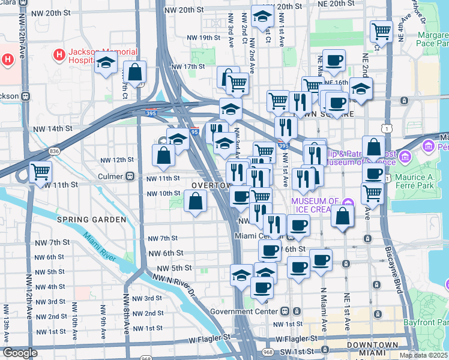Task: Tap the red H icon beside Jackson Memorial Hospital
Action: point(59,55)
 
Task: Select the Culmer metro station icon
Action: point(128,176)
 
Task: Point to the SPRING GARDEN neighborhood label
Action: point(92,220)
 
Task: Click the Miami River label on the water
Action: point(99,246)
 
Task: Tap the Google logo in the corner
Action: point(19,353)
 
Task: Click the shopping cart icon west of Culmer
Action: point(41,172)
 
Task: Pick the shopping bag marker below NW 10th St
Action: point(196,202)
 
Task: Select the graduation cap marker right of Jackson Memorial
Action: point(106,64)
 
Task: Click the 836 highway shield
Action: point(55,151)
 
